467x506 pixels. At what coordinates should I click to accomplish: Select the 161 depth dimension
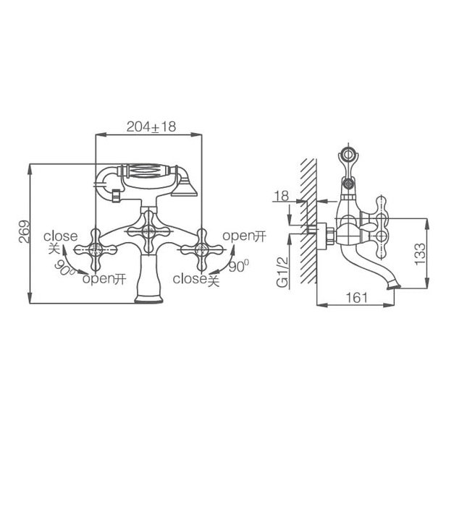click(356, 297)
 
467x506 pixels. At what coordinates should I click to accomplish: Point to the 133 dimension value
click(420, 252)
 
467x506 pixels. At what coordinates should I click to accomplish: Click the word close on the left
click(60, 236)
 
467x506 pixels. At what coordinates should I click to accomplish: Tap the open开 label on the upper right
click(244, 236)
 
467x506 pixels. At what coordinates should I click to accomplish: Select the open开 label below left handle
click(104, 279)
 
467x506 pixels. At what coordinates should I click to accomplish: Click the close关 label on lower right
click(195, 279)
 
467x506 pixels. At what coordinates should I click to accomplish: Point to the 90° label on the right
click(238, 266)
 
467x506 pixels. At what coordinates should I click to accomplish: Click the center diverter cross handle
click(148, 232)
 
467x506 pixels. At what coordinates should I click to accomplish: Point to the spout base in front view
click(148, 296)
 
